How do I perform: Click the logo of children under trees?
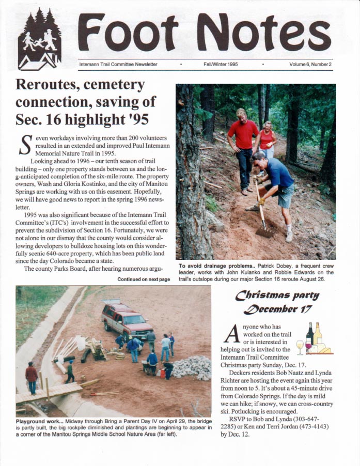pos(40,40)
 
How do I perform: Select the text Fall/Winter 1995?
pos(221,65)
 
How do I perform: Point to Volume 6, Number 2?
pos(310,65)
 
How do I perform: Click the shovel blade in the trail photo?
pos(264,231)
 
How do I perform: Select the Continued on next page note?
pos(143,279)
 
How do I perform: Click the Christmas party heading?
pos(277,296)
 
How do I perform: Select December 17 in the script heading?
pos(279,309)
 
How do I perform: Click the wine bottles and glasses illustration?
pos(315,339)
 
